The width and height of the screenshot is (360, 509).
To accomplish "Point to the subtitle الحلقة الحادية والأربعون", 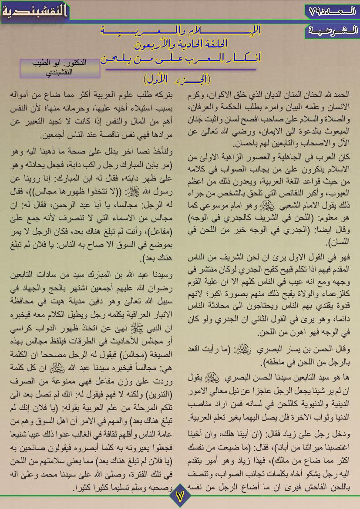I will (180, 44).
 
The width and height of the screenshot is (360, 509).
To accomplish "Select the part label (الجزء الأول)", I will (177, 79).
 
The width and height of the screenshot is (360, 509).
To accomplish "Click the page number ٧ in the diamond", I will (180, 496).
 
